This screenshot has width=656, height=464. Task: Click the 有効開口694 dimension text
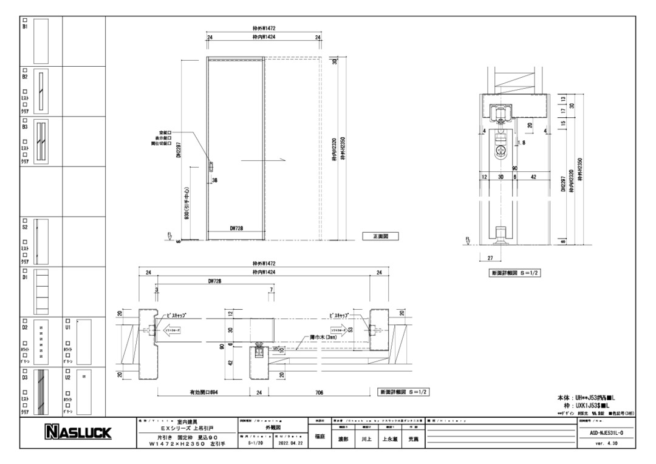click(200, 392)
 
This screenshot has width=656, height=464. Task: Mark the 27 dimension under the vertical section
click(489, 258)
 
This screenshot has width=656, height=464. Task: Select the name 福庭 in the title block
click(320, 437)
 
